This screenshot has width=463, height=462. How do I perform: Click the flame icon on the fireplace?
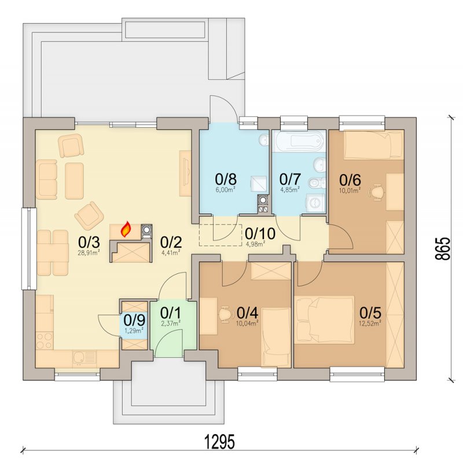pyautogui.click(x=126, y=229)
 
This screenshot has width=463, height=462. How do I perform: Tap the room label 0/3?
pyautogui.click(x=89, y=242)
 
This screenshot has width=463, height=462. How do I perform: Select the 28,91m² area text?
pyautogui.click(x=89, y=252)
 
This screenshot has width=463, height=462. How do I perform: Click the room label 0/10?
pyautogui.click(x=260, y=234)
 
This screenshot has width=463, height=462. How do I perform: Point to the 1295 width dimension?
pyautogui.click(x=221, y=441)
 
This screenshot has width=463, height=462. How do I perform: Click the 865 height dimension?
pyautogui.click(x=442, y=248)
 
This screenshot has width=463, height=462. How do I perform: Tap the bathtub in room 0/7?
pyautogui.click(x=299, y=141)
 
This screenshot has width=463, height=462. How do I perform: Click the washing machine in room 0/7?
pyautogui.click(x=316, y=203)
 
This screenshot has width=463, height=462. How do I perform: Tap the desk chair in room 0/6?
pyautogui.click(x=377, y=192)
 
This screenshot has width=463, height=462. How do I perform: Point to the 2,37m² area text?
pyautogui.click(x=171, y=323)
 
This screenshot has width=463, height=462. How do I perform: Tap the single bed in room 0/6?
pyautogui.click(x=374, y=145)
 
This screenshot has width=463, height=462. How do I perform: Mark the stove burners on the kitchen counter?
pyautogui.click(x=45, y=341)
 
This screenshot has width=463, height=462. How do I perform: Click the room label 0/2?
pyautogui.click(x=171, y=242)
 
